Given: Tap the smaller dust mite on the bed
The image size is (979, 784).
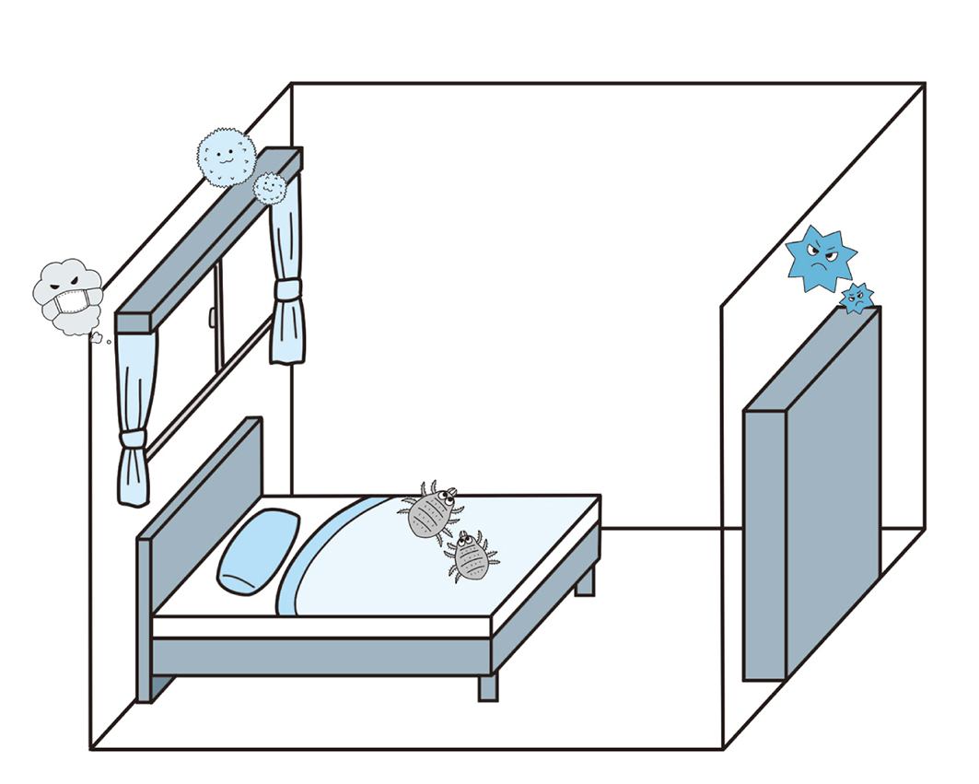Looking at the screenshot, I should click(x=471, y=556).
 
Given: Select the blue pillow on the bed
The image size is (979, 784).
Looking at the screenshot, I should click(x=259, y=549).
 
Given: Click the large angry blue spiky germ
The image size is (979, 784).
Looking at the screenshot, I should click(x=820, y=257).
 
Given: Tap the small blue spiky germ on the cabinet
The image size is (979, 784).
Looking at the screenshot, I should click(x=857, y=298).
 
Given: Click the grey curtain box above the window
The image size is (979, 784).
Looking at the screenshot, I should click(x=207, y=240).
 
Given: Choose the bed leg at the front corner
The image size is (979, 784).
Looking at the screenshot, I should click(x=487, y=686).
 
